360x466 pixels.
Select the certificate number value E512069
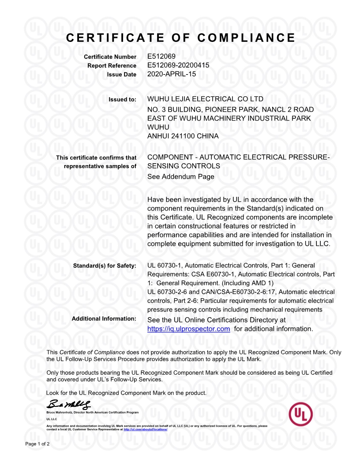(161, 56)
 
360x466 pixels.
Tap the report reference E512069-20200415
(178, 65)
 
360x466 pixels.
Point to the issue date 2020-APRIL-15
(172, 74)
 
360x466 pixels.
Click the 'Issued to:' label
(123, 99)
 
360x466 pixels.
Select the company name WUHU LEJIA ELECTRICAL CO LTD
(205, 99)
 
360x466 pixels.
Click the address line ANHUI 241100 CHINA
(183, 136)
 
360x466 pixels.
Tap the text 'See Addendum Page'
(180, 177)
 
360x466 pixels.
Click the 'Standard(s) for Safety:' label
(105, 266)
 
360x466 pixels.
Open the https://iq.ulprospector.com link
(188, 329)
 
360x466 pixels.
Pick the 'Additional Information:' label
(104, 319)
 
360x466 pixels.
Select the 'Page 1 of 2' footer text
(37, 443)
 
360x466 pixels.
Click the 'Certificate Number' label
(110, 57)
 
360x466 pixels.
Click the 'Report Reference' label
(112, 66)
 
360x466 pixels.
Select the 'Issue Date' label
(122, 75)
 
